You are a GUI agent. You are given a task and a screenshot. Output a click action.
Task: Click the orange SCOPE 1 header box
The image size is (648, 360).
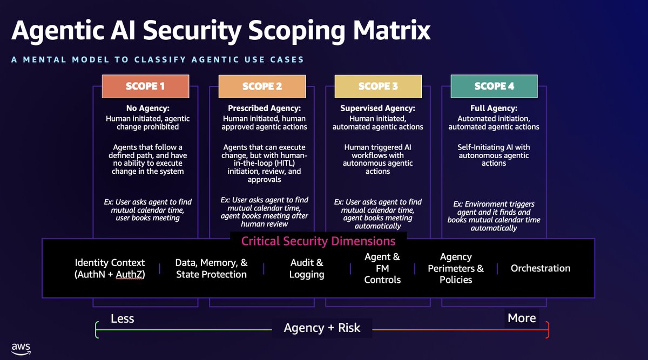tap(145, 86)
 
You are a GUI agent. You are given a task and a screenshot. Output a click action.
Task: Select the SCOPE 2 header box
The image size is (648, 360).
tap(262, 86)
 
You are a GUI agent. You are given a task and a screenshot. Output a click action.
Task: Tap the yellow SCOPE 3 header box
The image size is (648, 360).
tap(378, 86)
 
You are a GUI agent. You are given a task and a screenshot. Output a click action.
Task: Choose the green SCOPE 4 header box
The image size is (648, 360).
tap(494, 86)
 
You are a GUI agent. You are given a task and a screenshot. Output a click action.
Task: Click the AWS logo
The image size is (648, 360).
tap(21, 348)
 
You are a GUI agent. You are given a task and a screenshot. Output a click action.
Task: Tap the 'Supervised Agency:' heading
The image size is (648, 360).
tap(378, 108)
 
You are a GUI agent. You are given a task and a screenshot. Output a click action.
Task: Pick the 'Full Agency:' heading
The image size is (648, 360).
tap(494, 108)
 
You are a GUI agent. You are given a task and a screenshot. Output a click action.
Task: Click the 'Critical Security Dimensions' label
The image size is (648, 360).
tap(318, 241)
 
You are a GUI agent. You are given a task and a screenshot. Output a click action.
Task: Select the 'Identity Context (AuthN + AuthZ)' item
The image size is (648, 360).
tap(110, 268)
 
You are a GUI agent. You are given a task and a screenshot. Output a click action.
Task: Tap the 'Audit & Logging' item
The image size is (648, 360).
tap(307, 268)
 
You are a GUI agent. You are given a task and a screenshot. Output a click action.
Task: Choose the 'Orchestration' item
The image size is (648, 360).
tap(541, 268)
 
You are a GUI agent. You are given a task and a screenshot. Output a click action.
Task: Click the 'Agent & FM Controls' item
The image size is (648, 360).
tap(382, 268)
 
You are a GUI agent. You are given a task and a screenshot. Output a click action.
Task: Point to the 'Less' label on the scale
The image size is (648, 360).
tap(122, 318)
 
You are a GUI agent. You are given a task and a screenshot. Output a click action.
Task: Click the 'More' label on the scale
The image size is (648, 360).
tap(522, 318)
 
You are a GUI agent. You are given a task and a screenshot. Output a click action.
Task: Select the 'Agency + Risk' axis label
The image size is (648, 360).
tap(322, 328)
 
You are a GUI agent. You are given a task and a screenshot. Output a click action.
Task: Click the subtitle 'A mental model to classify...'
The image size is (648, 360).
tap(157, 59)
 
